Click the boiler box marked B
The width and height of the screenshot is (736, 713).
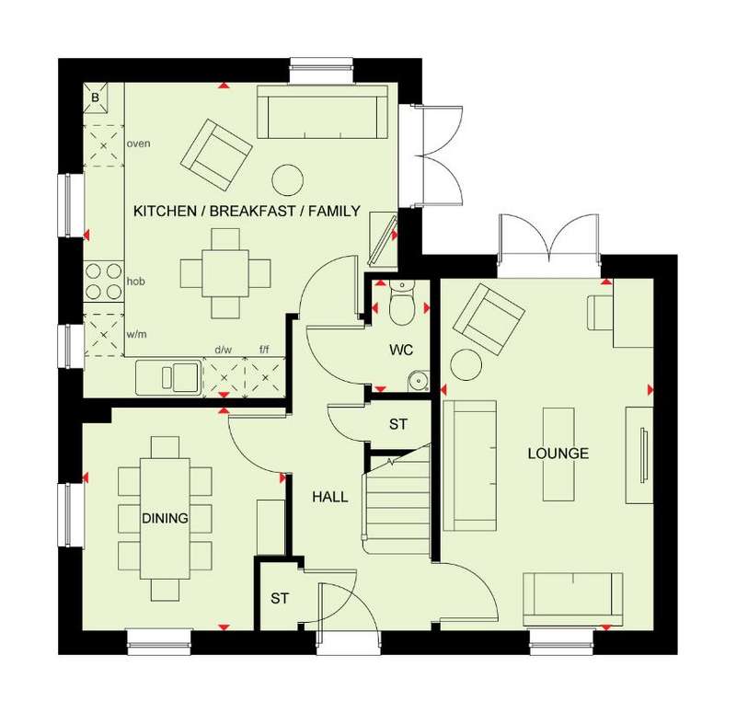coord(96,98)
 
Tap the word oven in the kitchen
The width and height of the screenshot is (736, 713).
coord(139,144)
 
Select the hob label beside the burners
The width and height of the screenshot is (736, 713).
coord(135,282)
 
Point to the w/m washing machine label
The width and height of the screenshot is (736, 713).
coord(136,334)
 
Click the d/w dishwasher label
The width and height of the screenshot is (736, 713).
coord(224,350)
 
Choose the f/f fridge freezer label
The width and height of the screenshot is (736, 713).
coord(264,350)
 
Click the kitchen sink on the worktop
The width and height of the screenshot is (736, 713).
coord(168,377)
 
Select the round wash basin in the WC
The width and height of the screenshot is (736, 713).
coord(418,380)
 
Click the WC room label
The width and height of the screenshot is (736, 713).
coord(401,350)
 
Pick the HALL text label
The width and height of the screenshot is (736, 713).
coord(330,497)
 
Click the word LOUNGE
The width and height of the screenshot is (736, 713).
coord(558,454)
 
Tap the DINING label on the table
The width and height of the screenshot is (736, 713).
coord(165,518)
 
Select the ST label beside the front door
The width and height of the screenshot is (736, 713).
coord(280,599)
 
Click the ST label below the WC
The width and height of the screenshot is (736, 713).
coord(398,424)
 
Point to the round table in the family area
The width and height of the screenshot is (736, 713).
coord(287,179)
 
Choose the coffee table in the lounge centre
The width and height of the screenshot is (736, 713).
coord(558,454)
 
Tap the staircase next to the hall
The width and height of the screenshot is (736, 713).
coord(397,501)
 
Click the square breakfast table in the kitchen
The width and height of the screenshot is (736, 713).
coord(225,273)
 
